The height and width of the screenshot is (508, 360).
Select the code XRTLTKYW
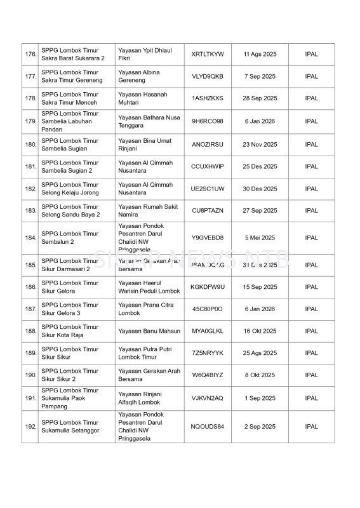[207, 55]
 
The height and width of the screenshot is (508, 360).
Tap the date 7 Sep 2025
[259, 76]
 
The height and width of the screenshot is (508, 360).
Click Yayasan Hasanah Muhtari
[143, 98]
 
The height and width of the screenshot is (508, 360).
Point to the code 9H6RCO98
[207, 121]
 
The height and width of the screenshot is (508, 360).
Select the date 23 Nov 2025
[259, 144]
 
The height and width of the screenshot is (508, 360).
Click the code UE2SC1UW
[207, 189]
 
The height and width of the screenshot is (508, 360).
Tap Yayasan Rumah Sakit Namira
[143, 211]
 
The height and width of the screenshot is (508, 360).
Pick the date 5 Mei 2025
[259, 238]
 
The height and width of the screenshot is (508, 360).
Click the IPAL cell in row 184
[311, 238]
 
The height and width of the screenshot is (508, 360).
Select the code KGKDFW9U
[207, 287]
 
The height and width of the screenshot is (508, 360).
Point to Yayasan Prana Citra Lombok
[143, 309]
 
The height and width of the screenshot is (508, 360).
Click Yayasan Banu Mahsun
[143, 331]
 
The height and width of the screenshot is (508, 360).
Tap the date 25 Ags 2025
[259, 353]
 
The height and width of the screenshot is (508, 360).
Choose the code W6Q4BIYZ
[207, 375]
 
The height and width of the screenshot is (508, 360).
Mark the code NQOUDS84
[207, 426]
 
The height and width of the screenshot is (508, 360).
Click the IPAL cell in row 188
[311, 331]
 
